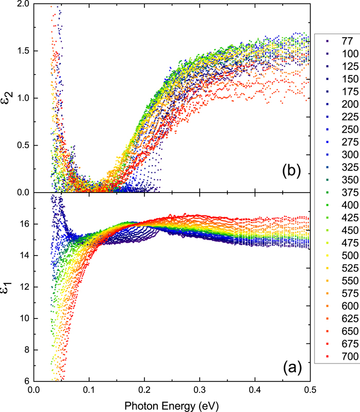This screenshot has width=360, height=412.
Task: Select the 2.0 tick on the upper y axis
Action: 21,4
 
